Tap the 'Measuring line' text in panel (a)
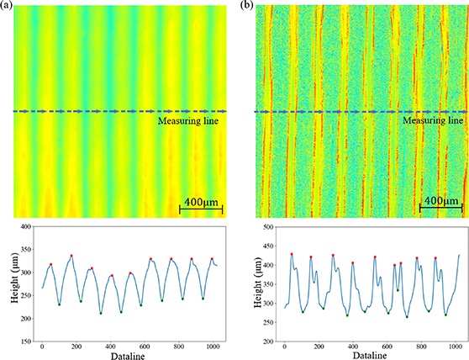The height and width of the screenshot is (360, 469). tap(192, 121)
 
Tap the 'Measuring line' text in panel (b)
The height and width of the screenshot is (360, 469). tap(432, 121)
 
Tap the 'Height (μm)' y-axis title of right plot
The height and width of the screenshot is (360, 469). tap(250, 284)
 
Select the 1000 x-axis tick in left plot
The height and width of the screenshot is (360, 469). tap(213, 347)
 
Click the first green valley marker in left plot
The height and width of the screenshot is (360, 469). tap(60, 304)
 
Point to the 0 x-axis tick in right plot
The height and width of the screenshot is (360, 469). tap(285, 347)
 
